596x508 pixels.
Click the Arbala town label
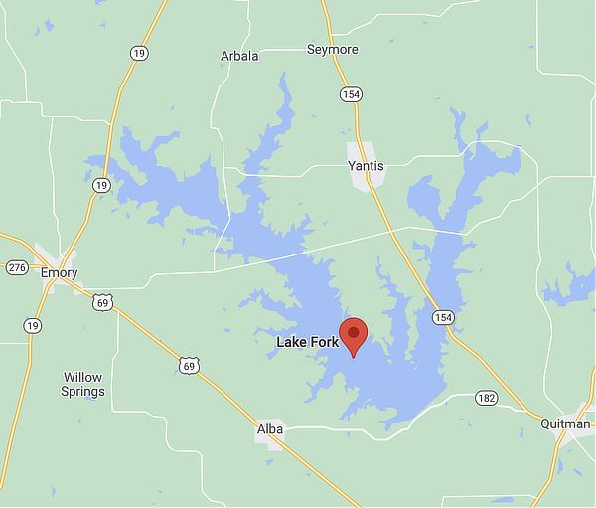[x=239, y=56]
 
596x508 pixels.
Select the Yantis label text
[x=365, y=166]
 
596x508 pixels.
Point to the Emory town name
[x=59, y=272]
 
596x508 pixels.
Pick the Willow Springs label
[x=83, y=384]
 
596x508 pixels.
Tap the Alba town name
[x=269, y=428]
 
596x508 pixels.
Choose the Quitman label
[x=566, y=423]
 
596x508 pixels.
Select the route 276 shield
[x=16, y=268]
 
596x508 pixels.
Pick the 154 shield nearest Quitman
[x=442, y=317]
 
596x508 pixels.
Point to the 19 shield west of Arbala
[x=138, y=53]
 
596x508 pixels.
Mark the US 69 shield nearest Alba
[x=190, y=366]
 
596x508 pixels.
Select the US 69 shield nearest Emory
[x=101, y=301]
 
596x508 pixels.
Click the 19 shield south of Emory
[x=33, y=325]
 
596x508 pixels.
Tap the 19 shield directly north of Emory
[x=101, y=185]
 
